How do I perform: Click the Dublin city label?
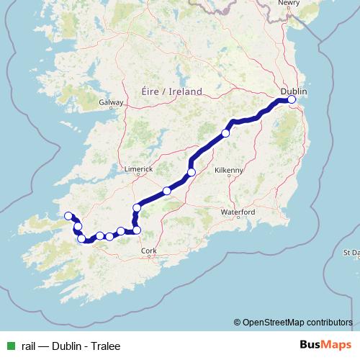pyautogui.click(x=294, y=91)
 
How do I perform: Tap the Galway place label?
pyautogui.click(x=112, y=103)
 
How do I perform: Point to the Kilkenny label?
pyautogui.click(x=230, y=170)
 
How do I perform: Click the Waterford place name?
pyautogui.click(x=238, y=212)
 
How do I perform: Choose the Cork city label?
pyautogui.click(x=149, y=251)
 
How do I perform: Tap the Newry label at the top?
pyautogui.click(x=289, y=3)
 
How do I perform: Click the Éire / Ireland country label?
pyautogui.click(x=168, y=91)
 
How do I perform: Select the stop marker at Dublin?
pyautogui.click(x=292, y=100)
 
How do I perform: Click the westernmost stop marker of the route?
pyautogui.click(x=68, y=216)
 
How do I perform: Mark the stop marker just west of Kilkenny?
pyautogui.click(x=191, y=171)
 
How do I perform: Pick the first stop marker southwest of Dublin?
pyautogui.click(x=225, y=133)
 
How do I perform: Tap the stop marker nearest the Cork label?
pyautogui.click(x=137, y=230)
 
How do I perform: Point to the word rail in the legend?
pyautogui.click(x=29, y=345)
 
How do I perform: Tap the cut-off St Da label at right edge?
pyautogui.click(x=351, y=253)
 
